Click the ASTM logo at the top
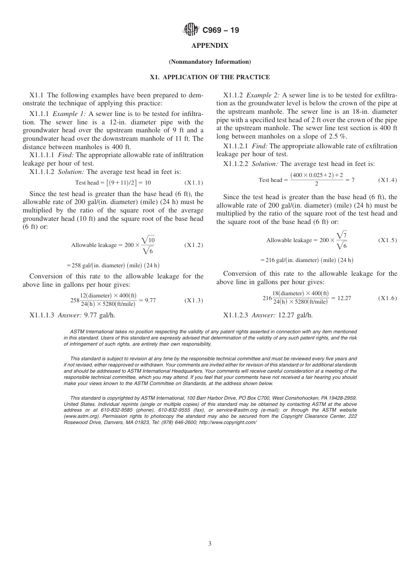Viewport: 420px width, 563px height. click(x=191, y=30)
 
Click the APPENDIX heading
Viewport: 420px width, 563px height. click(x=210, y=46)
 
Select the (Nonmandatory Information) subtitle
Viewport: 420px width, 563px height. click(x=210, y=62)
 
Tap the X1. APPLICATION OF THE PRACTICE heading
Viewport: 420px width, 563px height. click(x=210, y=77)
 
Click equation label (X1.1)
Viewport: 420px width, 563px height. click(x=194, y=182)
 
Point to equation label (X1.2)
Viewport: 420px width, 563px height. click(x=194, y=245)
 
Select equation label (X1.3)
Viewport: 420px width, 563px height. click(x=194, y=301)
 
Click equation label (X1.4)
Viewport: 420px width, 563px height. click(x=388, y=180)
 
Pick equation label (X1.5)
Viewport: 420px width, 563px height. click(x=388, y=240)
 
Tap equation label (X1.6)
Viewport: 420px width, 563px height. click(x=388, y=298)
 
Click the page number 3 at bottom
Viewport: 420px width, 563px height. click(x=210, y=544)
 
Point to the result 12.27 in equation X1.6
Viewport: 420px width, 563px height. click(x=344, y=298)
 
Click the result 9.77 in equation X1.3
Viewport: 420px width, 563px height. click(x=150, y=301)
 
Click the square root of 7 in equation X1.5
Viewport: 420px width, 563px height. click(x=341, y=235)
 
